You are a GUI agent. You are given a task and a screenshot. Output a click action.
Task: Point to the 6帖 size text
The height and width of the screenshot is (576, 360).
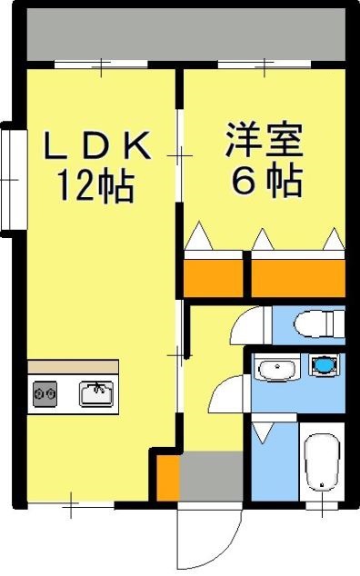pos(266,184)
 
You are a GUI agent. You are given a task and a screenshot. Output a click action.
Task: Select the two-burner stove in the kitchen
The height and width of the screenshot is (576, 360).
pos(45,393)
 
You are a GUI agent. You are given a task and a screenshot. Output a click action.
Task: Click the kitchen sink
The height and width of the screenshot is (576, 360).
pos(95,393)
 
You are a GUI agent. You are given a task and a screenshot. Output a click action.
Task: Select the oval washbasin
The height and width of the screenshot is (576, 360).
pos(275,369)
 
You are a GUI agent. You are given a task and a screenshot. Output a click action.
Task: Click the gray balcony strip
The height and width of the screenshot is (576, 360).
pos(185,39)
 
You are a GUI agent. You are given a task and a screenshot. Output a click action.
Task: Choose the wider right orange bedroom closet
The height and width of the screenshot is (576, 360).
pos(298,276)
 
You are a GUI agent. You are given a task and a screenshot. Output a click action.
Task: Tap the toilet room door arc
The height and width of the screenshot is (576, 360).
pos(249,324)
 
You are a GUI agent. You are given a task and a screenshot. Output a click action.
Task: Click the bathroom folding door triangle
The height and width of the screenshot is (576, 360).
pos(263,433)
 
